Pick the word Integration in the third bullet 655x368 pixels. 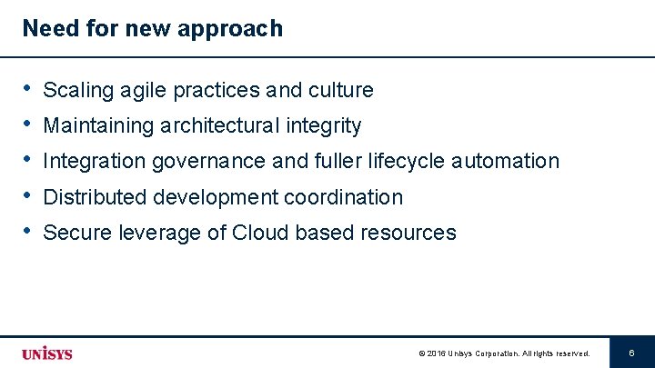tap(95, 162)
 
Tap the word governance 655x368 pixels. tap(209, 162)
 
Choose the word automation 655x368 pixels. tap(506, 162)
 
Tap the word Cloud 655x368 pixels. tap(259, 233)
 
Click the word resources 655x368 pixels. tap(408, 233)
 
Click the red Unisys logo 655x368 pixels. tap(46, 353)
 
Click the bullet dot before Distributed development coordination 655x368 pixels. tap(29, 196)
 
